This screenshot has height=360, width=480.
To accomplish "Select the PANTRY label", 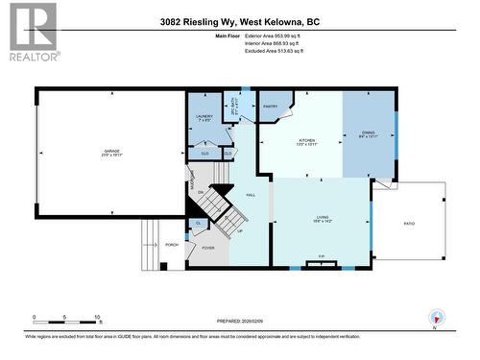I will pos(271,107).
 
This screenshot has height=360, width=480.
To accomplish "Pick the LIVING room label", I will pos(323,218).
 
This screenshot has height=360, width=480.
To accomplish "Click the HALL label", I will pos(251,195).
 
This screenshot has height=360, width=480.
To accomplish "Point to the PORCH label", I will pos(173,244).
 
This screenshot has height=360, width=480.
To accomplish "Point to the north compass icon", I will pos(438,320).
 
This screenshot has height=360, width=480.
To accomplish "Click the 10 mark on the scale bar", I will pos(98,316).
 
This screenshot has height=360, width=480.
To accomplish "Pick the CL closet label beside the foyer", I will pos(198,224).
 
